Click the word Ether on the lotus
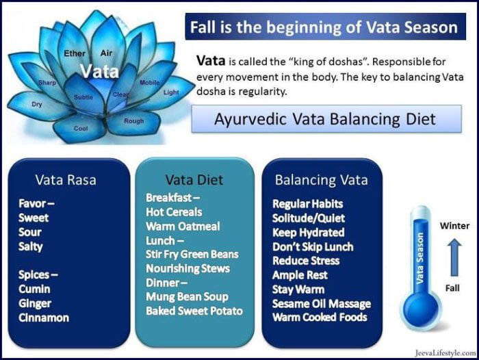pyautogui.click(x=75, y=53)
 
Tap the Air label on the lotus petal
pyautogui.click(x=106, y=53)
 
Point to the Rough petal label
pyautogui.click(x=134, y=121)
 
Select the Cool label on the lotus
pyautogui.click(x=81, y=129)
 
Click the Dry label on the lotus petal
pyautogui.click(x=37, y=104)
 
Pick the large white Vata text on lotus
pyautogui.click(x=100, y=71)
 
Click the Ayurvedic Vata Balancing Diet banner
pyautogui.click(x=326, y=119)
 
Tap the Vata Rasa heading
pyautogui.click(x=66, y=180)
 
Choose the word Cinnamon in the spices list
pyautogui.click(x=44, y=318)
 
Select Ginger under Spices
pyautogui.click(x=35, y=303)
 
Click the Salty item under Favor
pyautogui.click(x=31, y=246)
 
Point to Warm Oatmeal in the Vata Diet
pyautogui.click(x=183, y=226)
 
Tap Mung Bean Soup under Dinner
pyautogui.click(x=187, y=296)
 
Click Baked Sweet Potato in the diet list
pyautogui.click(x=194, y=311)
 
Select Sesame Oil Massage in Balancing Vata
pyautogui.click(x=322, y=303)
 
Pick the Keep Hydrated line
pyautogui.click(x=308, y=232)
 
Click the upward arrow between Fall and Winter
pyautogui.click(x=455, y=257)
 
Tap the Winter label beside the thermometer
pyautogui.click(x=454, y=226)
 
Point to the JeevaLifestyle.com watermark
pyautogui.click(x=445, y=353)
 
